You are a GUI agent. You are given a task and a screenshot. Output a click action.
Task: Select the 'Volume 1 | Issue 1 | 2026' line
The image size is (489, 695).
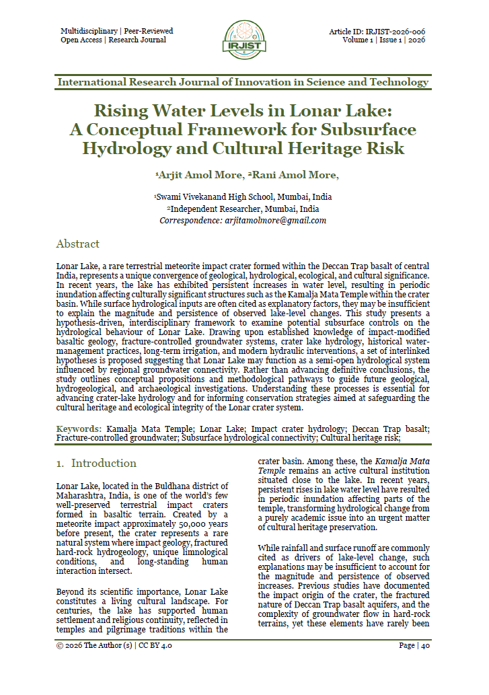tap(383, 40)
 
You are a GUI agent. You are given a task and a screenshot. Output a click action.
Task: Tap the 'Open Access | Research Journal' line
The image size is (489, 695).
tap(113, 40)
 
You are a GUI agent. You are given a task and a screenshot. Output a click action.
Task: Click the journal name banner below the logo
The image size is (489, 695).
tap(243, 82)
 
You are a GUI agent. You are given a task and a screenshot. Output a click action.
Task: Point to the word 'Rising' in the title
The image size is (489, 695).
tap(122, 110)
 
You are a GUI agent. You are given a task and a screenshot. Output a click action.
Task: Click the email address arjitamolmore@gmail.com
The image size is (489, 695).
tap(276, 221)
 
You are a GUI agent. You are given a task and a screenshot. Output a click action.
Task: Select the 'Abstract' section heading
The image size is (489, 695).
tap(77, 244)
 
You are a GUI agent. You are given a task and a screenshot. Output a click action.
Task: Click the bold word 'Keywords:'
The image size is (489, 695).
tap(79, 429)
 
